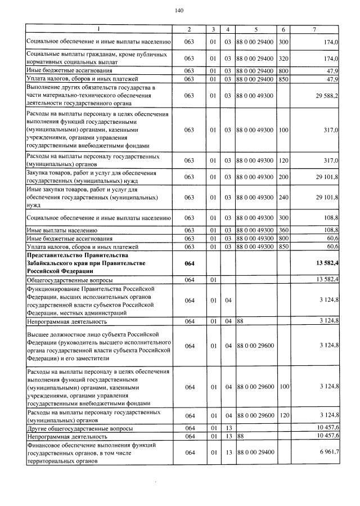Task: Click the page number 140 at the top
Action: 179,10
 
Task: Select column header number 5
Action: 256,29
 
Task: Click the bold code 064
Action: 189,262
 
